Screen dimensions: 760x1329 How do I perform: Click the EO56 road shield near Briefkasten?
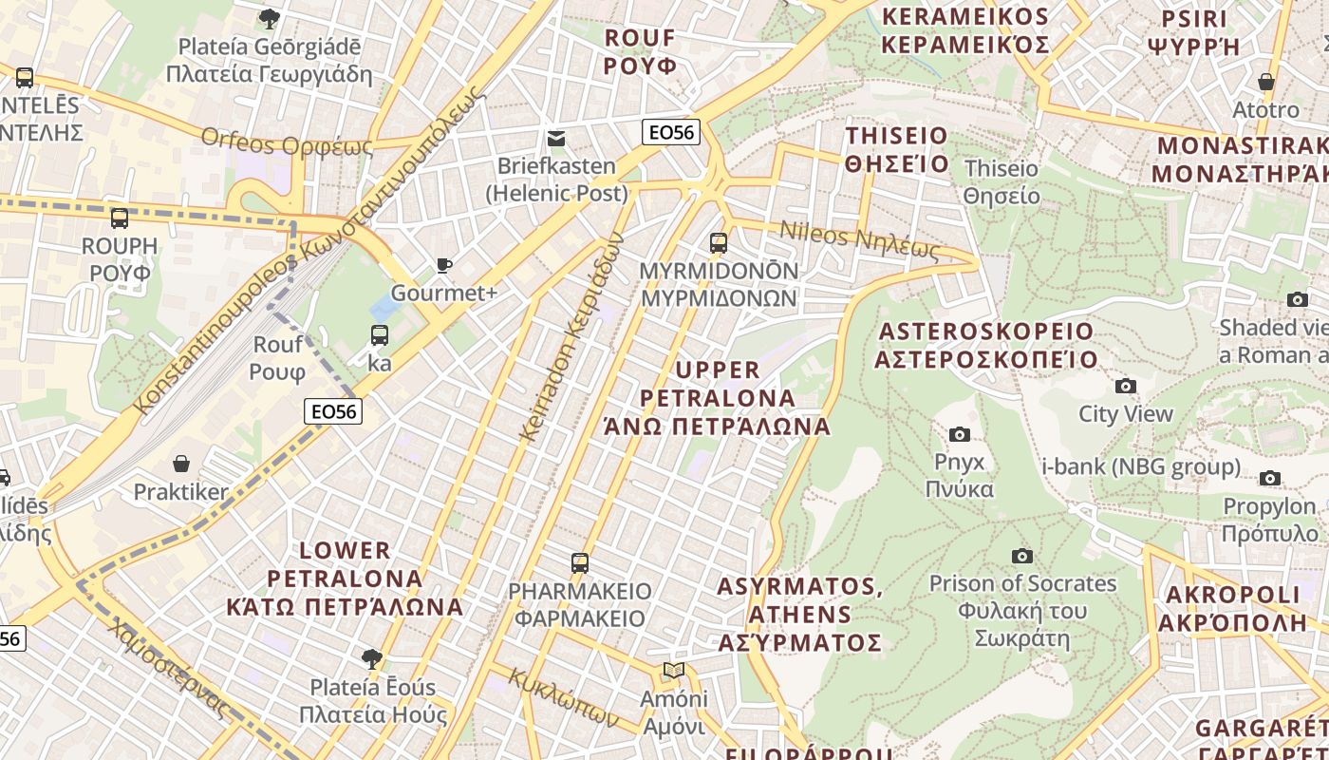pos(671,132)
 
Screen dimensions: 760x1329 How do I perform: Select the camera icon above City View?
pos(1126,386)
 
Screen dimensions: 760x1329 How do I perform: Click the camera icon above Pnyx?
pos(960,434)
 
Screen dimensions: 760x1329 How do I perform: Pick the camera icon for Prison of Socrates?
pos(1022,556)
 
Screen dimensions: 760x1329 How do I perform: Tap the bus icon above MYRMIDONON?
pos(719,242)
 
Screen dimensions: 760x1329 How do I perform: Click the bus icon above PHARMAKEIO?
pos(580,562)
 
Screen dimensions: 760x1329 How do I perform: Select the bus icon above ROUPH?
pos(120,218)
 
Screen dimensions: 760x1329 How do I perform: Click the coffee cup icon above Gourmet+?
pos(443,265)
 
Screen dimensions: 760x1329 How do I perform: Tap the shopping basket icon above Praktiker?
pos(181,464)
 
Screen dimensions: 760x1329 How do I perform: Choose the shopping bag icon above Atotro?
pos(1265,82)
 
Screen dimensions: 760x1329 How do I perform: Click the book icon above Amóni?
pos(674,671)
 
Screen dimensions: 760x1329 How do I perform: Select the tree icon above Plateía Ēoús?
pos(372,658)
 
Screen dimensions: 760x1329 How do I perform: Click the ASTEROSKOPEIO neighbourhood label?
pos(986,345)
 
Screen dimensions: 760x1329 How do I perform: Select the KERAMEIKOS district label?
pos(965,30)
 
